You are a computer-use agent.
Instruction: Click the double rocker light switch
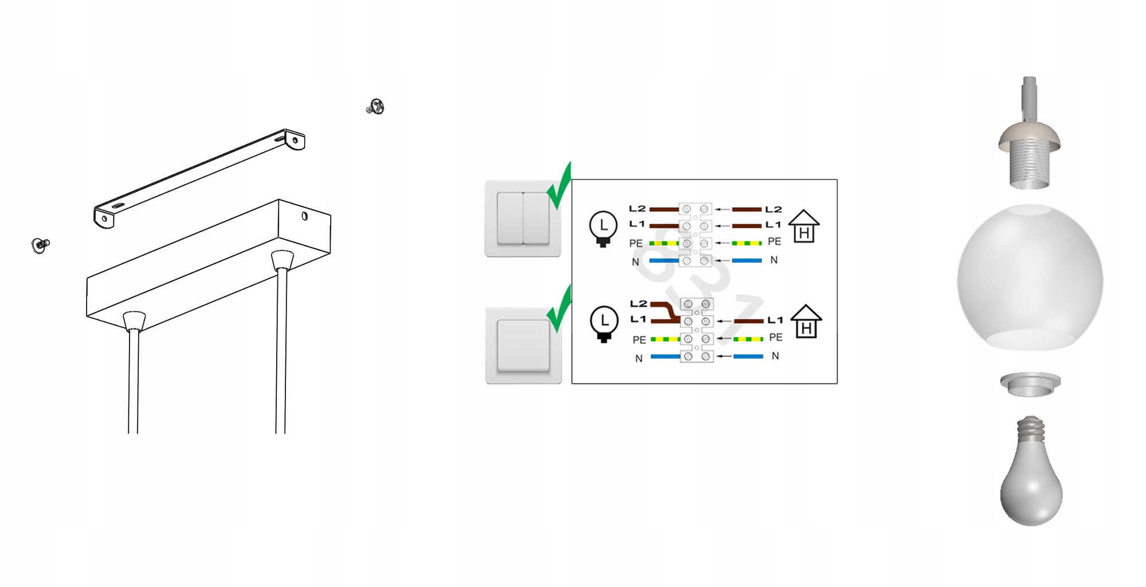(523, 218)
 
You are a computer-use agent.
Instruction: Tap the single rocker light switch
(523, 345)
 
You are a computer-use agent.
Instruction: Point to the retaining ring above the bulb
(1030, 383)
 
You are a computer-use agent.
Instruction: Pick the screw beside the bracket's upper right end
(376, 107)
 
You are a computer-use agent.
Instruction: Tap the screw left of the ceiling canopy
(40, 245)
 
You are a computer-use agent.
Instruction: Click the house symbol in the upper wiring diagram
(804, 226)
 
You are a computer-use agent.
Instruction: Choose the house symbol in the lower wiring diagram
(806, 322)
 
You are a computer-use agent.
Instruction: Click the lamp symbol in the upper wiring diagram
(603, 228)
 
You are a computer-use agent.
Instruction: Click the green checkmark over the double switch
(560, 186)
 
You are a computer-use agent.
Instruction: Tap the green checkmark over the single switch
(560, 310)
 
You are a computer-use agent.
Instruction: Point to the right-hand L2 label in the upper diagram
(773, 209)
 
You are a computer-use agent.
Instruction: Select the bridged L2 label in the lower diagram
(638, 303)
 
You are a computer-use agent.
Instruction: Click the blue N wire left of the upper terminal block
(664, 261)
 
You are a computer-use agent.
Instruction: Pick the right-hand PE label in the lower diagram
(776, 338)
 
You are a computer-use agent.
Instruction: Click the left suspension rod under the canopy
(134, 378)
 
